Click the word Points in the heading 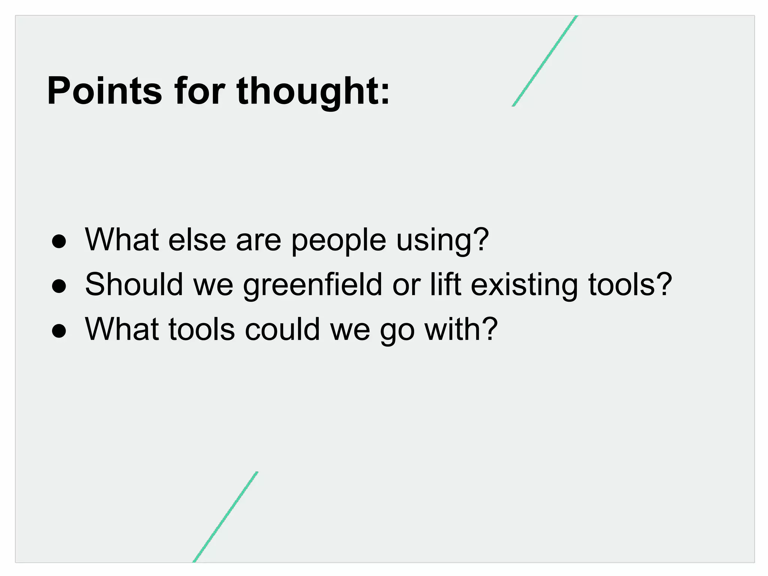[104, 91]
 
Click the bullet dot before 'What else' [59, 242]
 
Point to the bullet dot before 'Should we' [59, 287]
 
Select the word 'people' [339, 240]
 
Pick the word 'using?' [442, 240]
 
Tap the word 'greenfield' [313, 285]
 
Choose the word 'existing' [524, 285]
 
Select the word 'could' [282, 329]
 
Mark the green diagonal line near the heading [545, 61]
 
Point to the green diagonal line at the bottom [225, 517]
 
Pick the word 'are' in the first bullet [258, 240]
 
